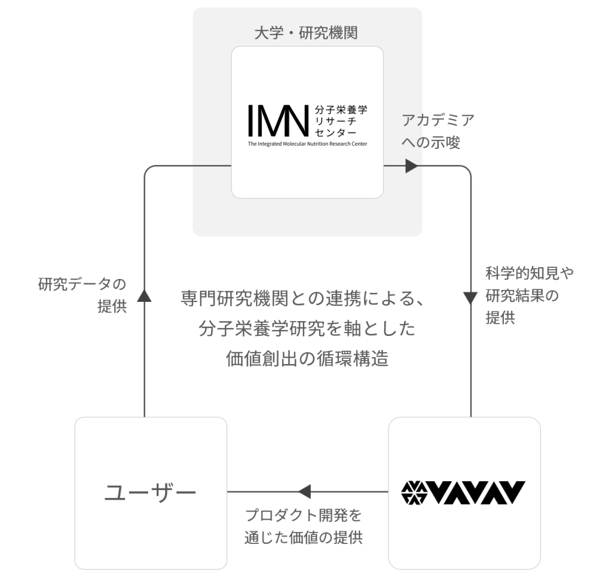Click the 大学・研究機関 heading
306,32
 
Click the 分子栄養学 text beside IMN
341,110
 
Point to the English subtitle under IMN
307,144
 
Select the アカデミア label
438,120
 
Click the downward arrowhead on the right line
471,297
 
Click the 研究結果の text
522,296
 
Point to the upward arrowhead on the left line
144,294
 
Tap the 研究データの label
82,284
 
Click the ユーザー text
151,493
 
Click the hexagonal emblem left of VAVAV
414,493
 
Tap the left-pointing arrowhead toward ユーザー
304,492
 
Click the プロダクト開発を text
304,515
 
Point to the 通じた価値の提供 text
304,537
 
